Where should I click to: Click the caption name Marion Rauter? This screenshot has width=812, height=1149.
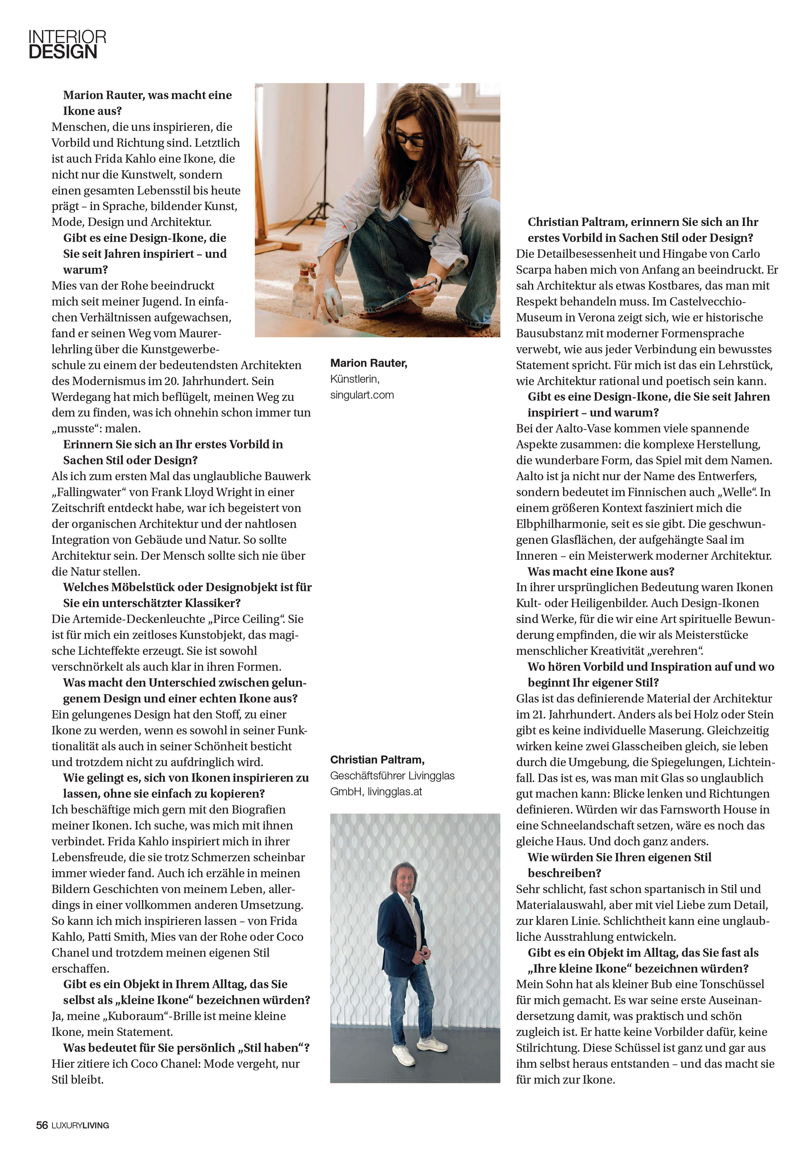pos(369,363)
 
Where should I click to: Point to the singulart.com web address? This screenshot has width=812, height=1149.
pos(362,395)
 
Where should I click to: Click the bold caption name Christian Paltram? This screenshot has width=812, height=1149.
pos(377,760)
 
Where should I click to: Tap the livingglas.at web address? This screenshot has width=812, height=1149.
pos(395,792)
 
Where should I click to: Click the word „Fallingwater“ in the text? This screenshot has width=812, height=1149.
pos(90,492)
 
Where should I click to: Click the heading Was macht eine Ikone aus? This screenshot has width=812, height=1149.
pos(601,571)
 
